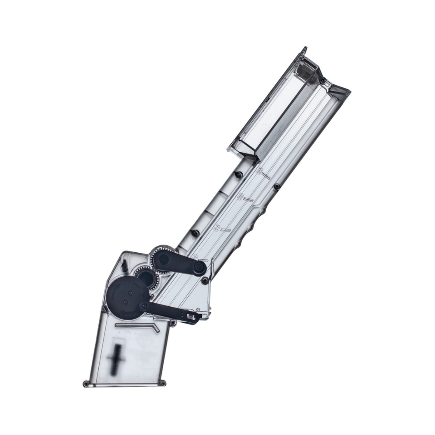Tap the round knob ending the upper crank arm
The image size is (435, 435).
199,268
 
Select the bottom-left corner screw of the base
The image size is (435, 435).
87,383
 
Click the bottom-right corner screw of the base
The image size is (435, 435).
164,383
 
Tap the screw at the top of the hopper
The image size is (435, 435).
322,80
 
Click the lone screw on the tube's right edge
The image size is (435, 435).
277,187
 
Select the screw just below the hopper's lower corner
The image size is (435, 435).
238,175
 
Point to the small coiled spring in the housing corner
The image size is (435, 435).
125,264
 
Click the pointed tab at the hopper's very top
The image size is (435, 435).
305,49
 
